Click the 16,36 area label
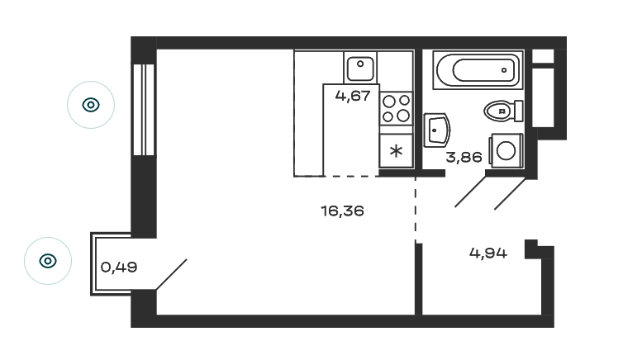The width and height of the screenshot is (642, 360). [x=342, y=211]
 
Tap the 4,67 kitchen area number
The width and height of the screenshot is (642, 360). [x=353, y=96]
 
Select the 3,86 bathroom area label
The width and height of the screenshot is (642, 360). [x=464, y=157]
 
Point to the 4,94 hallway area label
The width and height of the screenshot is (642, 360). [x=488, y=253]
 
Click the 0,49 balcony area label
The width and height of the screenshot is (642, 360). [x=119, y=268]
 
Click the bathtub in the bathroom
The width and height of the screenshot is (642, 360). [x=478, y=69]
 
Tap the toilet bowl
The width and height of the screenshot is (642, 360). [x=499, y=111]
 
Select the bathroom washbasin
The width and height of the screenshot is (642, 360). [x=436, y=130]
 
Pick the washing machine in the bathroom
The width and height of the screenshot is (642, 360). [x=506, y=151]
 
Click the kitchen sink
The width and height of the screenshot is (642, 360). [x=360, y=69]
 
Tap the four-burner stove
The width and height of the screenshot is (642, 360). [x=396, y=108]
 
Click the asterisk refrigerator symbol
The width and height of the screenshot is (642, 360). [x=396, y=151]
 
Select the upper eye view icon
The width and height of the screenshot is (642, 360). [x=91, y=105]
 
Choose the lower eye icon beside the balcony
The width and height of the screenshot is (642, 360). [x=48, y=261]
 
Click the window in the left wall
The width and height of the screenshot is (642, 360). [x=144, y=110]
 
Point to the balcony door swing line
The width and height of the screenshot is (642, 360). [x=172, y=274]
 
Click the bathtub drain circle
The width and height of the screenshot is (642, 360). [x=504, y=70]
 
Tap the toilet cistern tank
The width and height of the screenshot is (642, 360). [x=518, y=111]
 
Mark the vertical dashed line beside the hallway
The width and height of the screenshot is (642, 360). [x=416, y=209]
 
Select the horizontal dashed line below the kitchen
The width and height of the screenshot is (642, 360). [x=351, y=177]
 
